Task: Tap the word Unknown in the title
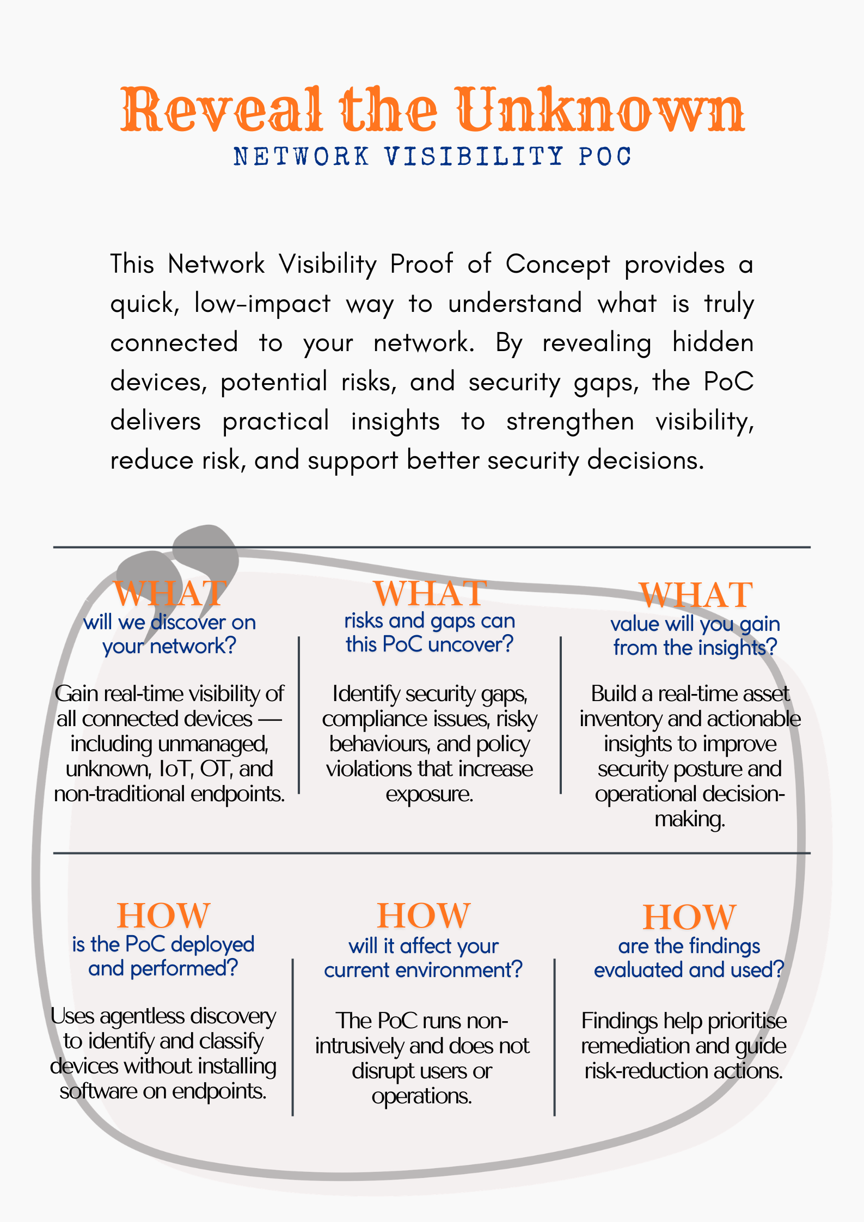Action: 599,110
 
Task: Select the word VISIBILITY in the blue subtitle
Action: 474,157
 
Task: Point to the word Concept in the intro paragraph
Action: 557,265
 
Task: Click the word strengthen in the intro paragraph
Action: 570,422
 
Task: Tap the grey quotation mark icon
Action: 180,566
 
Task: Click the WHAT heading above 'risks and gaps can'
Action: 430,593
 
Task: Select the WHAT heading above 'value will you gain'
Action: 696,595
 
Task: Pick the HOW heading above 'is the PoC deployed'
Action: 163,916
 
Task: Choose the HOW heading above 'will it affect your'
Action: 424,916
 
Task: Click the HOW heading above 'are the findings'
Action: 689,917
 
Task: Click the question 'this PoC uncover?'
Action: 430,644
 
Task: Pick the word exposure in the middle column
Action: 430,794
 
